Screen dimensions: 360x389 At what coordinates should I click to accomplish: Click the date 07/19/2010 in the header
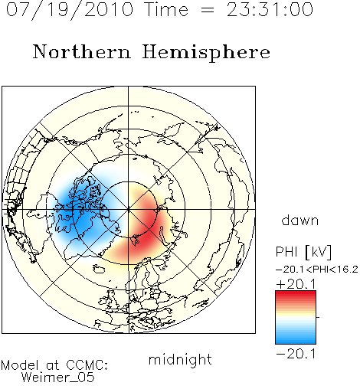pos(70,10)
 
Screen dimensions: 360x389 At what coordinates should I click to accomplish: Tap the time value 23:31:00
pos(270,9)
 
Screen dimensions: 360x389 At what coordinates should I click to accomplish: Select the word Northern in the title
pos(82,51)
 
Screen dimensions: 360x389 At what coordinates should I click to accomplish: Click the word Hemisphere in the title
pos(206,53)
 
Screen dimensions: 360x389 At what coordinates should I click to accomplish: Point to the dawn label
pos(300,221)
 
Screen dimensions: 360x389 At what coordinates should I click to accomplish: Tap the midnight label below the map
pos(180,359)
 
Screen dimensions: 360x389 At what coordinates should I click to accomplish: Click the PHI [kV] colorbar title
pos(303,252)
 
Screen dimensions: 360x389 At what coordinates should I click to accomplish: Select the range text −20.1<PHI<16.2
pos(317,270)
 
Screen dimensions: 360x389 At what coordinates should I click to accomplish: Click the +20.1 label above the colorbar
pos(296,284)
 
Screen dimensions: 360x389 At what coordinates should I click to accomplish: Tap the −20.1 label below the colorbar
pos(296,354)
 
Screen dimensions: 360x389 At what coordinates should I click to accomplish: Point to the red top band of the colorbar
pos(296,294)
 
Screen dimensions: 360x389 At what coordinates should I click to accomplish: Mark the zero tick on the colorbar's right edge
pos(318,317)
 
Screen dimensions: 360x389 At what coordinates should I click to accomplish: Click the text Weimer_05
pos(57,378)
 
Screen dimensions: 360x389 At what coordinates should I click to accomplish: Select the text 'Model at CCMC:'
pos(54,365)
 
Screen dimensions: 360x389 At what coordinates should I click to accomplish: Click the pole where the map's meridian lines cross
pos(129,209)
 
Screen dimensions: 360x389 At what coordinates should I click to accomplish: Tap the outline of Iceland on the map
pos(99,269)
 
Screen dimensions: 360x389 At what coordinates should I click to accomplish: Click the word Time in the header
pos(166,9)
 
